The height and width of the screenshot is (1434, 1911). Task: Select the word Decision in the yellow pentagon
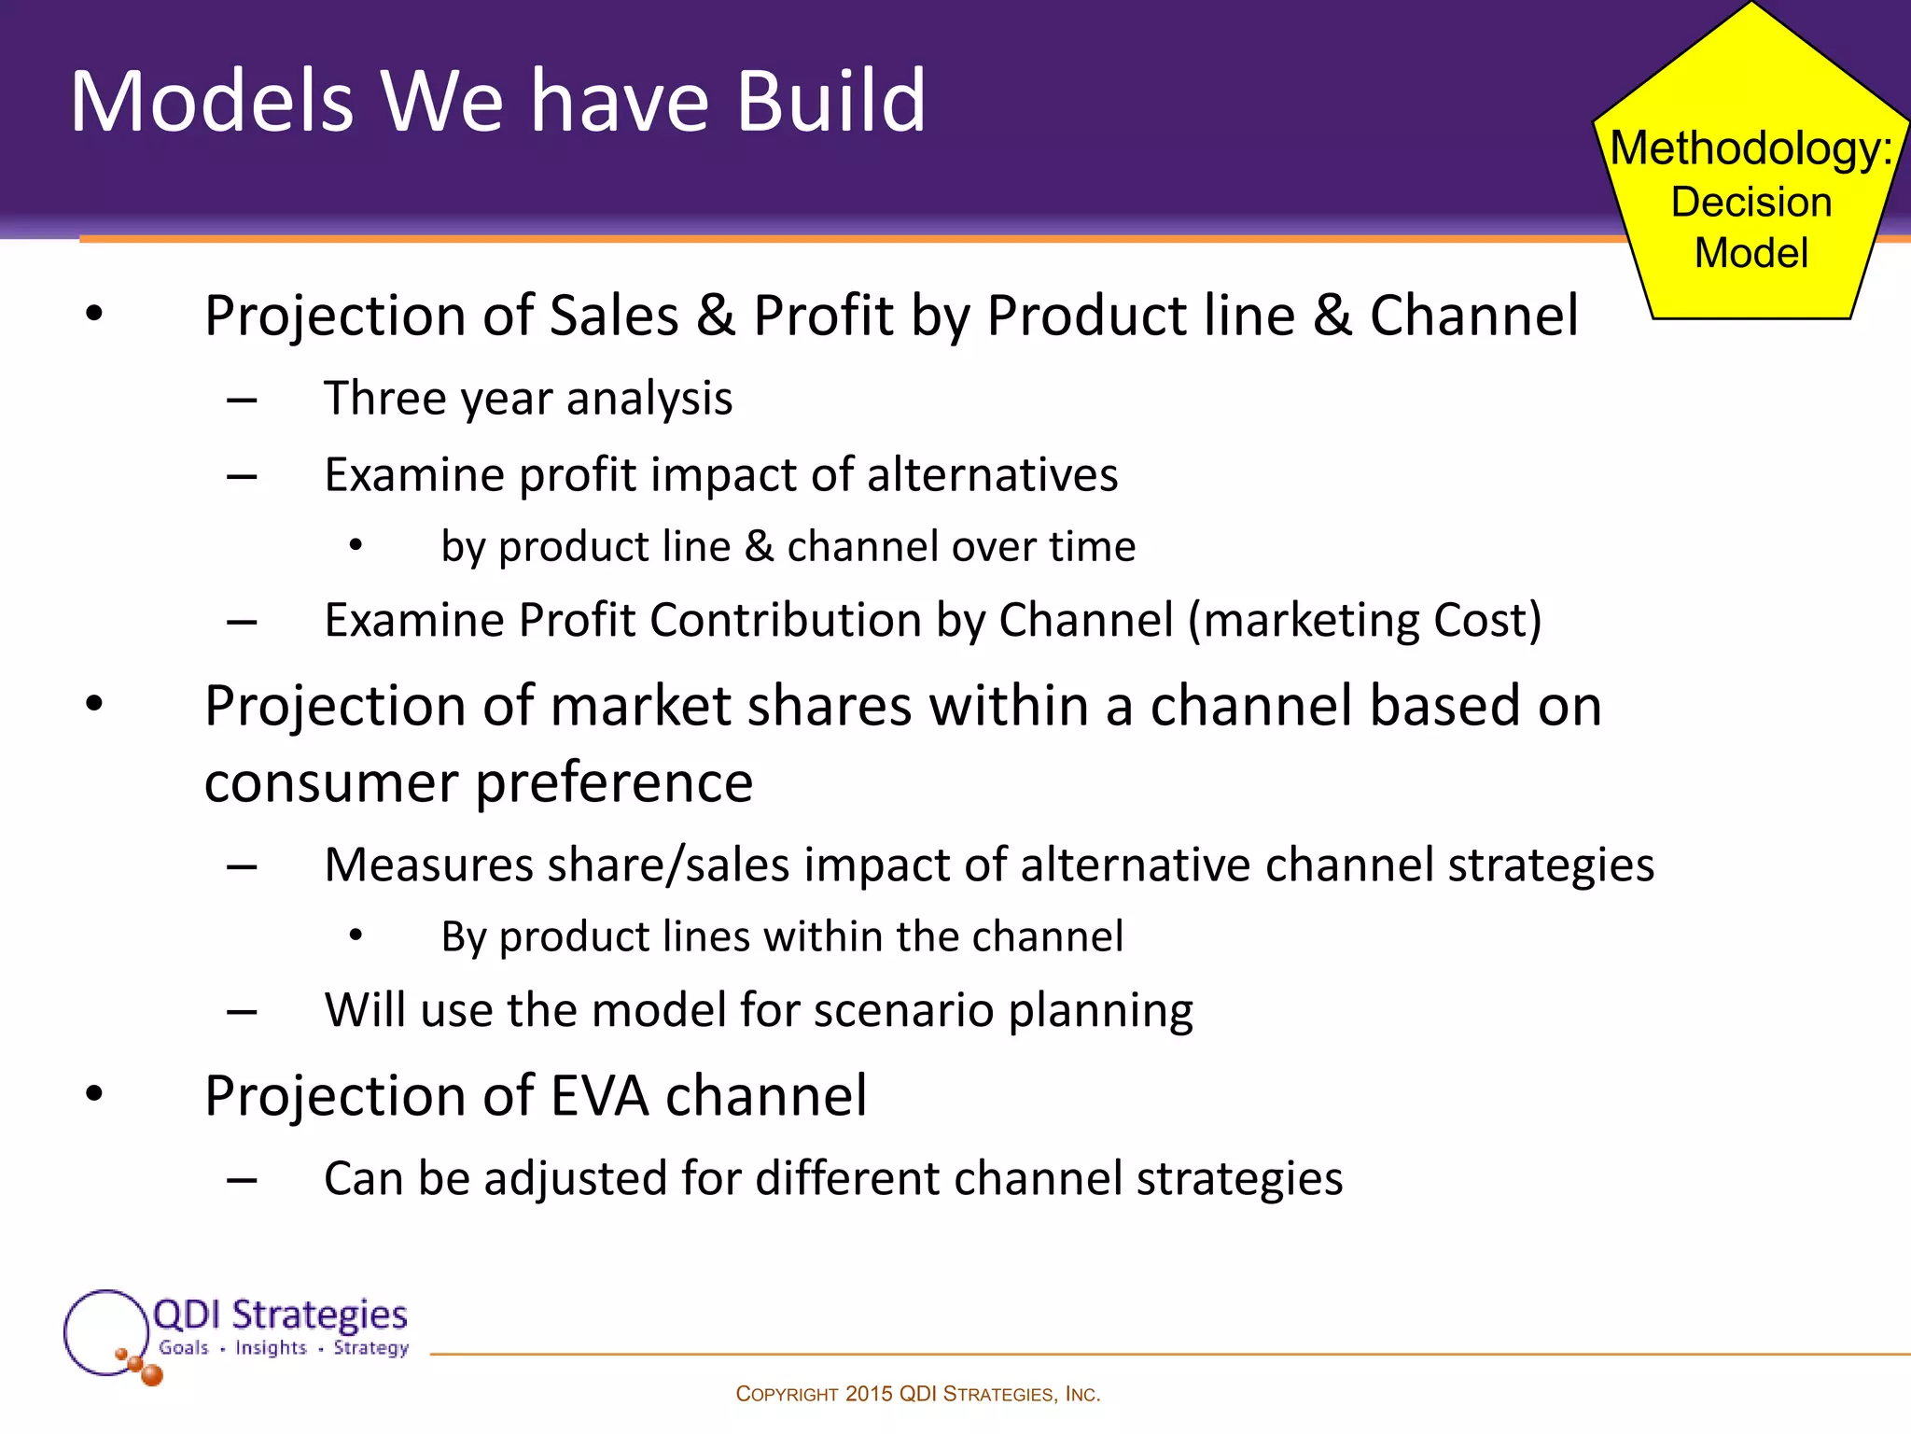pyautogui.click(x=1751, y=202)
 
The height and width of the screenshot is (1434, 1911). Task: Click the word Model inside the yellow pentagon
pyautogui.click(x=1751, y=253)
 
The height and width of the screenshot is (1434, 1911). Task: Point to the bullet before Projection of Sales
pyautogui.click(x=94, y=315)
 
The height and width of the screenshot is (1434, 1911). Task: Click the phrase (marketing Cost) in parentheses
pyautogui.click(x=1364, y=620)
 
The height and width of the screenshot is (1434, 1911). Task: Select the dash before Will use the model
pyautogui.click(x=242, y=1011)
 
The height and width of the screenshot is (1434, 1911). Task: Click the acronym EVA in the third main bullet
pyautogui.click(x=599, y=1096)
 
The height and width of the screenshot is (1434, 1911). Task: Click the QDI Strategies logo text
pyautogui.click(x=280, y=1314)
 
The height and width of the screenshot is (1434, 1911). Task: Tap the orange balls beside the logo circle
pyautogui.click(x=141, y=1366)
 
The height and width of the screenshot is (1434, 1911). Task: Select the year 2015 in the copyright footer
pyautogui.click(x=869, y=1394)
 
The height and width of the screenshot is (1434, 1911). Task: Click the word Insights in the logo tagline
pyautogui.click(x=271, y=1347)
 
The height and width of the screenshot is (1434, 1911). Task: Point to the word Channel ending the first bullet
pyautogui.click(x=1473, y=316)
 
